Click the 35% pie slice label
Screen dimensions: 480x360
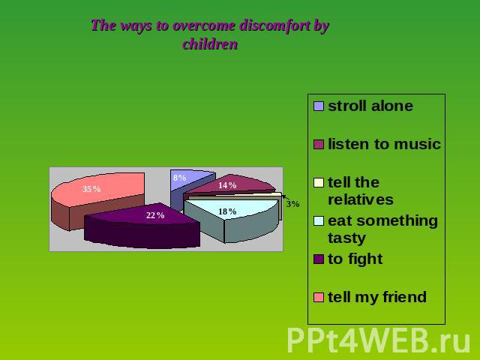91,189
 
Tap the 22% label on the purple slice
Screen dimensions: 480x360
155,215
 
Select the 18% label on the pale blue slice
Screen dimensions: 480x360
227,211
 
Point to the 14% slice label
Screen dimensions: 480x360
227,185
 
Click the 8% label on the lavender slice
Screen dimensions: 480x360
180,178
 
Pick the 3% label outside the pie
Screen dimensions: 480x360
292,204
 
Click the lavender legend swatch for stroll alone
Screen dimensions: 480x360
319,106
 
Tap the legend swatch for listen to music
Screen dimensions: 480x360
319,145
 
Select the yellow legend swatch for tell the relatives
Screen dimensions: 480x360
319,183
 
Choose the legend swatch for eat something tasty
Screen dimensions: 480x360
319,221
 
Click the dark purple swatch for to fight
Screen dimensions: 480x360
319,259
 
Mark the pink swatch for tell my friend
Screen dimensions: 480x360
319,298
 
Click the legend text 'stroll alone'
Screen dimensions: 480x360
370,106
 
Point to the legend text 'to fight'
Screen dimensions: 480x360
355,259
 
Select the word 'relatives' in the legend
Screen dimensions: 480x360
361,200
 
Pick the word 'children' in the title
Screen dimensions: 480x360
210,44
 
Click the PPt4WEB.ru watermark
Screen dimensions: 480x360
379,340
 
